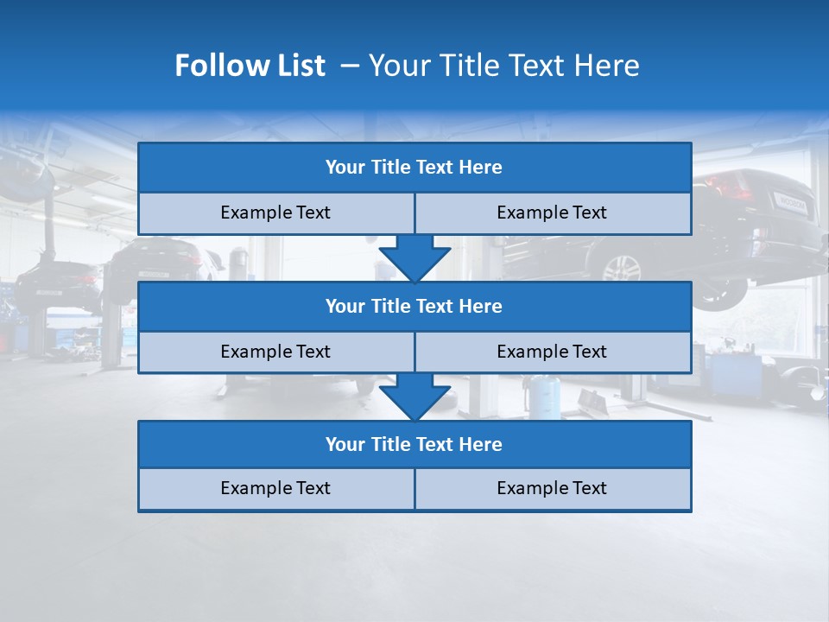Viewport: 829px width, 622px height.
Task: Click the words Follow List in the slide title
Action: (x=250, y=66)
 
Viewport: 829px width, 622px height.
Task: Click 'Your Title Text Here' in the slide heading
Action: (x=504, y=66)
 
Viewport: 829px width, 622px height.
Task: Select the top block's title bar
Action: (x=414, y=168)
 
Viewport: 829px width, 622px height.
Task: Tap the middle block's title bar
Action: (x=414, y=307)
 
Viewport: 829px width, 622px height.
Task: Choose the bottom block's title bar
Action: (x=414, y=445)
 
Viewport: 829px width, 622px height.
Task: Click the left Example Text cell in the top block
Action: (x=275, y=213)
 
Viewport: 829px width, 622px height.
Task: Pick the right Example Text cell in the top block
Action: (x=552, y=213)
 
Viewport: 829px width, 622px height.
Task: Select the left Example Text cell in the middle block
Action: (x=275, y=352)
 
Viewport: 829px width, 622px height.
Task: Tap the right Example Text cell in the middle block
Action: (x=552, y=352)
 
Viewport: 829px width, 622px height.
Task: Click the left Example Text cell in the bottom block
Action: (x=275, y=489)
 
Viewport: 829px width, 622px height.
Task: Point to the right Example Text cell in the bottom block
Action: (x=552, y=489)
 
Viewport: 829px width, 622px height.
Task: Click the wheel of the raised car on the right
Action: (x=621, y=269)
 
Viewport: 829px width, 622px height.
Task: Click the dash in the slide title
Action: (x=351, y=66)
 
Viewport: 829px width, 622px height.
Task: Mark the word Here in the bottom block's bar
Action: (x=481, y=445)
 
